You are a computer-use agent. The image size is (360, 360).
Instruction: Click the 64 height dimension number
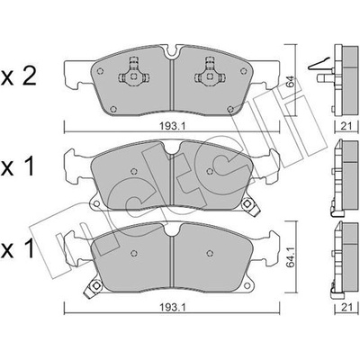(x=291, y=81)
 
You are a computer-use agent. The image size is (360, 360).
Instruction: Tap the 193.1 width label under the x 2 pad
(x=172, y=126)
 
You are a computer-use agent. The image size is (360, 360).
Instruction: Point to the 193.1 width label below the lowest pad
(x=172, y=307)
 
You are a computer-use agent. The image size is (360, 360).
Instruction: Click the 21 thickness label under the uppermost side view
(x=346, y=126)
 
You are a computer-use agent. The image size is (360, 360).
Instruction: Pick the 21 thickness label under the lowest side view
(x=346, y=307)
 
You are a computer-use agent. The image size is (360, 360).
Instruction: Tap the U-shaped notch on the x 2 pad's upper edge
(x=172, y=51)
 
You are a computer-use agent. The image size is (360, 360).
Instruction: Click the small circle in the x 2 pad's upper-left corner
(x=100, y=71)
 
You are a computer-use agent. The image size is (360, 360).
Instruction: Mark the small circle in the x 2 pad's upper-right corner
(x=244, y=71)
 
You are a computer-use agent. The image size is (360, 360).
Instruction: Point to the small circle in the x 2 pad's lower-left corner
(x=112, y=109)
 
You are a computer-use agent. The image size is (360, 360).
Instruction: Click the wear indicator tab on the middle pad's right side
(x=249, y=206)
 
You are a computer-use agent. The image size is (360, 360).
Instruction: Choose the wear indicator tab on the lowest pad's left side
(x=93, y=288)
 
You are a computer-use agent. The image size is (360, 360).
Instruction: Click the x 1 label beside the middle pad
(x=18, y=167)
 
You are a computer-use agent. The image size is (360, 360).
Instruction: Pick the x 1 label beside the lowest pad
(x=18, y=249)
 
